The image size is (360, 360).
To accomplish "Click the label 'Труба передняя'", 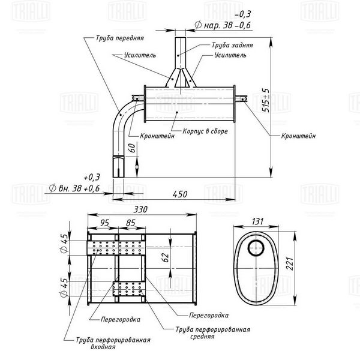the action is click(120, 38).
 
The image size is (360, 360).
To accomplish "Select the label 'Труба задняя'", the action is click(232, 45).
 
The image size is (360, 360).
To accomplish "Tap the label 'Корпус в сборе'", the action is click(205, 131).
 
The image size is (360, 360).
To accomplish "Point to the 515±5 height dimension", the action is click(266, 100).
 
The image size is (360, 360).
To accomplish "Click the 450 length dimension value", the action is click(180, 194).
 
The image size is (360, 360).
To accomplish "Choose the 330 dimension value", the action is click(140, 209).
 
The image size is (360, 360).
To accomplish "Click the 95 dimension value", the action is click(104, 223).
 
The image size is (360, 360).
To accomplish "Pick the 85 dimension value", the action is click(131, 223).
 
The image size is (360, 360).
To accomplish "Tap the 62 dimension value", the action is click(166, 257).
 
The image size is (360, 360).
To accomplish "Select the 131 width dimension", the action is click(257, 221).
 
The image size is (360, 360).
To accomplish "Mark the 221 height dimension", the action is click(290, 264).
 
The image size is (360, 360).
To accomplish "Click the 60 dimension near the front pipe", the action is click(132, 148).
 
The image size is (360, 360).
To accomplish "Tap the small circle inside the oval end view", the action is click(256, 248).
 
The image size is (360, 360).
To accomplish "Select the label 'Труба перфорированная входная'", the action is click(113, 343).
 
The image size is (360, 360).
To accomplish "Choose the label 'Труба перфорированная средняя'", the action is click(213, 333).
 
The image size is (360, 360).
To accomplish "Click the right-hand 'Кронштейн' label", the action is click(298, 136).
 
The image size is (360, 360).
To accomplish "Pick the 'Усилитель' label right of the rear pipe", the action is click(230, 55).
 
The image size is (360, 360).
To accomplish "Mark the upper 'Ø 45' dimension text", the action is click(65, 243).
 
